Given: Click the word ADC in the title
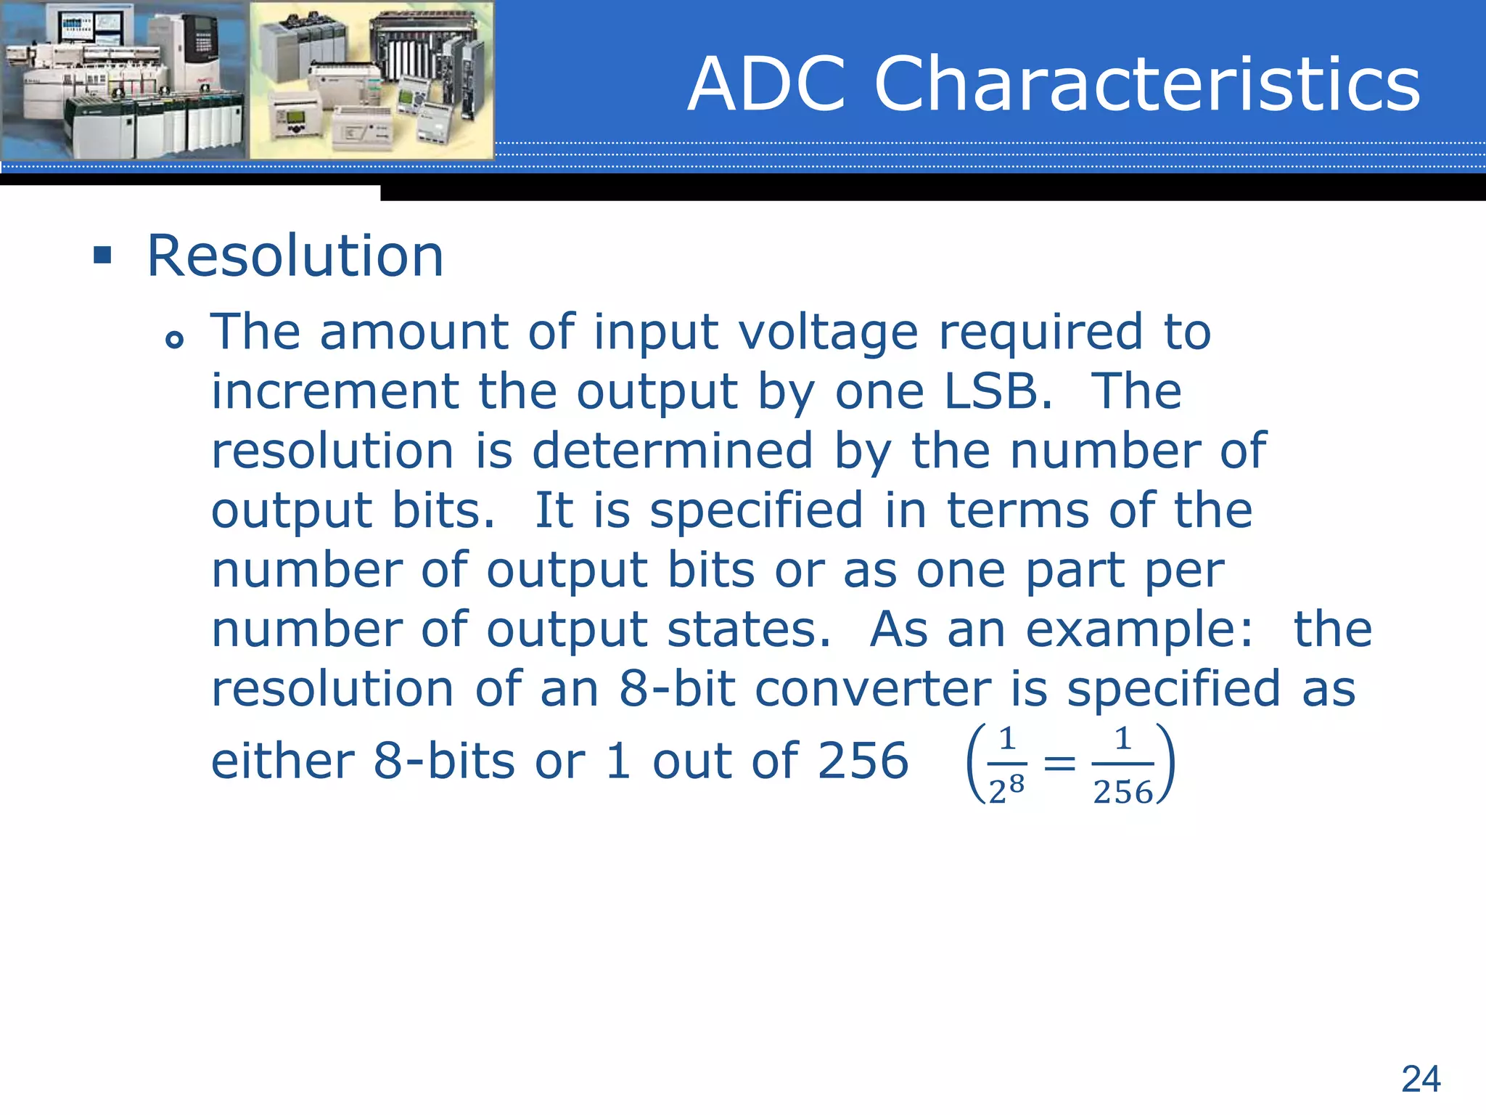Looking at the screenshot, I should coord(766,84).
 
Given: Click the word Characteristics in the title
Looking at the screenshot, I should coord(1146,84).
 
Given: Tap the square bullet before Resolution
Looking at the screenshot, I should coord(102,256).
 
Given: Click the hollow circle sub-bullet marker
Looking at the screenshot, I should coord(174,339).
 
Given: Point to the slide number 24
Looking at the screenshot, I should coord(1421,1079).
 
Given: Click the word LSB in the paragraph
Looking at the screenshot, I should coord(997,392).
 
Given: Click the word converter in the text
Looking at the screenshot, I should coord(872,689).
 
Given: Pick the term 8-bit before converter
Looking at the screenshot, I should coord(676,689).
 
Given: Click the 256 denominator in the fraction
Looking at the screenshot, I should coord(1122,792).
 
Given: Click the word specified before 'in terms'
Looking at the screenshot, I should coord(756,510).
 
